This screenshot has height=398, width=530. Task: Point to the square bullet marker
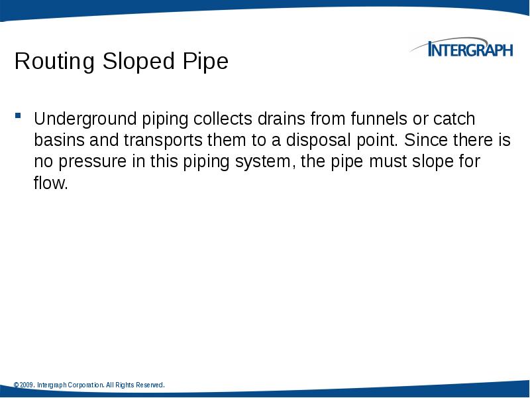(19, 117)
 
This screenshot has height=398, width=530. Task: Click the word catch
(454, 119)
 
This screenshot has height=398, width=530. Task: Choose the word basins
(55, 141)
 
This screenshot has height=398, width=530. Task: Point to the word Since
(423, 141)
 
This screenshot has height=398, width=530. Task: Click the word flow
(51, 183)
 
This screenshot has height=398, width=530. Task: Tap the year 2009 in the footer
(26, 385)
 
